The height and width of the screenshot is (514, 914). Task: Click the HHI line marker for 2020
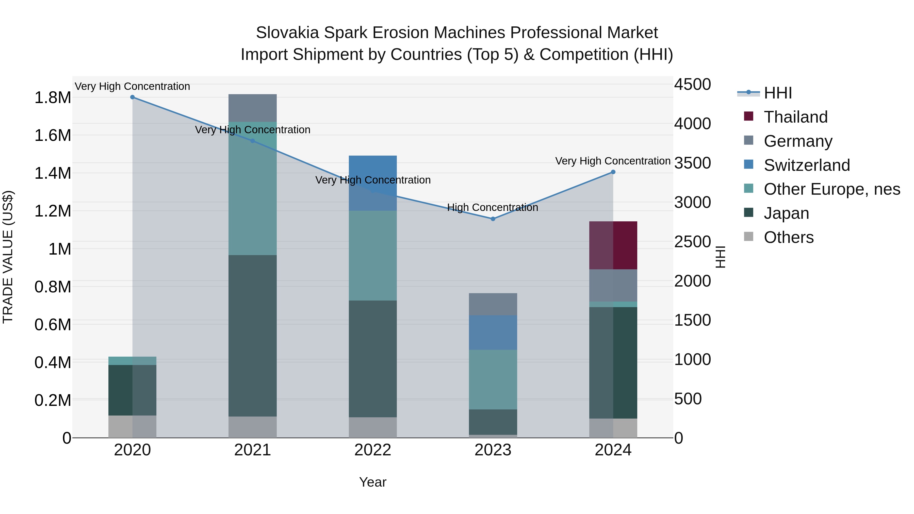tap(132, 97)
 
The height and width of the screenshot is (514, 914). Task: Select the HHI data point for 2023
tap(493, 219)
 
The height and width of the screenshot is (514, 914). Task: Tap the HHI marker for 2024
tap(613, 172)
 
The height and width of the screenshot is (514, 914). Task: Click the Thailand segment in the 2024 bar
tap(613, 245)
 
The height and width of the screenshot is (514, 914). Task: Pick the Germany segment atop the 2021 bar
tap(252, 108)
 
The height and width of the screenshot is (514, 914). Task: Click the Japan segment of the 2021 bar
tap(252, 335)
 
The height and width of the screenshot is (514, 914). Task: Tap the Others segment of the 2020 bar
tap(132, 426)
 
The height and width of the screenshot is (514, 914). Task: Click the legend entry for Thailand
tap(795, 117)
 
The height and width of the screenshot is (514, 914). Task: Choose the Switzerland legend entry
tap(807, 165)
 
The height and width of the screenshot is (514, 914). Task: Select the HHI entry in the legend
tap(778, 93)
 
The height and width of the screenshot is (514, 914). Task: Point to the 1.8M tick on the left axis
tap(53, 97)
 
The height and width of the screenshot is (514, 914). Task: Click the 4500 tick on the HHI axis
tap(692, 85)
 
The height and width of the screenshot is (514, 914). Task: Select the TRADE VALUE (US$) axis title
tap(8, 257)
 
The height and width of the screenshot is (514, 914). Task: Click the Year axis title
tap(372, 482)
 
